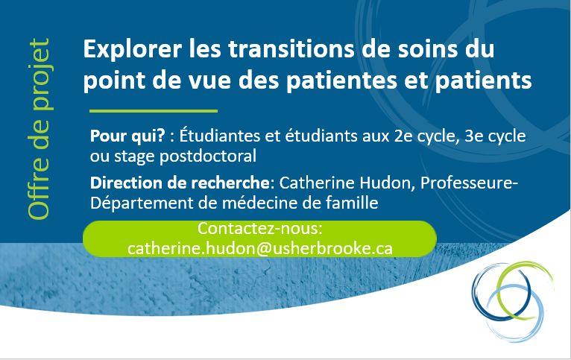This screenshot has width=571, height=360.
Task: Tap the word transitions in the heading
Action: (274, 51)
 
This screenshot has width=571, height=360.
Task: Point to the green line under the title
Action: (153, 111)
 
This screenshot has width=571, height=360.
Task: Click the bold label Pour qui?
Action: (121, 138)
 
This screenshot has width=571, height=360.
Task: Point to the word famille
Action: (352, 202)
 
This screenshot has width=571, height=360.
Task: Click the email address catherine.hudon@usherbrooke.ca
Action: (260, 247)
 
